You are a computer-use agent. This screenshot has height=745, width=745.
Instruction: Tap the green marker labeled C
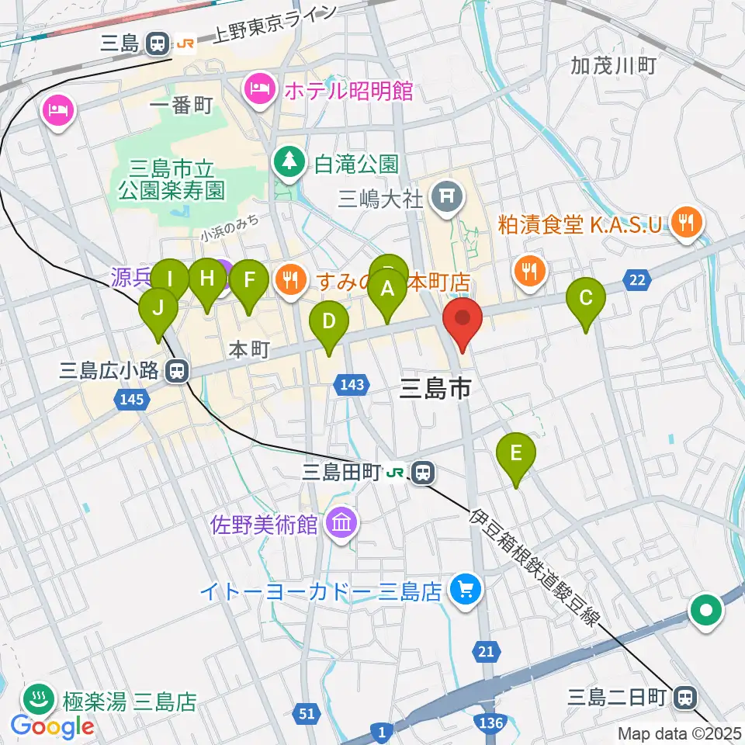pos(586,298)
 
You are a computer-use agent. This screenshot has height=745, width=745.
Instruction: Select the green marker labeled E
pos(517,453)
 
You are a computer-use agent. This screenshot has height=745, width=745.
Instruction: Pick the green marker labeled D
pos(328,321)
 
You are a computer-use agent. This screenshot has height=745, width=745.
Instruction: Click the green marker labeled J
pos(158,309)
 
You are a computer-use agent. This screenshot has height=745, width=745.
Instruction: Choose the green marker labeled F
pos(249,280)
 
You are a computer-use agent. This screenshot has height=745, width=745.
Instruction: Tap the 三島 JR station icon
pos(158,44)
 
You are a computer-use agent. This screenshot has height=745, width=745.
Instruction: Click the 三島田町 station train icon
pos(423,471)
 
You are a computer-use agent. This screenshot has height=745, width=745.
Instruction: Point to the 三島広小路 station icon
pos(178,371)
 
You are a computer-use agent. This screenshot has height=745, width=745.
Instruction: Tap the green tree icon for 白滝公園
pos(289,161)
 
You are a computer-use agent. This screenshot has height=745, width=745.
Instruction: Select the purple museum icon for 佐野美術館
pos(342,524)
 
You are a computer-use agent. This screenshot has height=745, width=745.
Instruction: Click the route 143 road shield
pos(351,384)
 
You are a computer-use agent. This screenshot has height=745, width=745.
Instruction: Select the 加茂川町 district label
pos(613,65)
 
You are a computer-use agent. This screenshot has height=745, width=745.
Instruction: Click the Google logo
pos(52,726)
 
